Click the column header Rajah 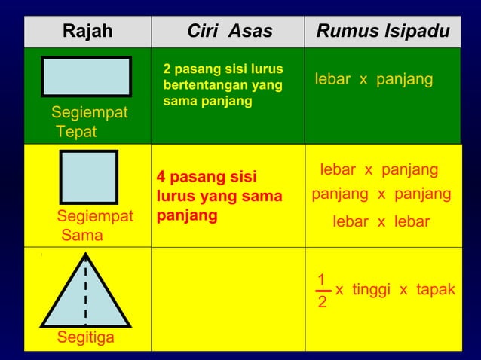pyautogui.click(x=87, y=32)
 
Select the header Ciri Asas pyautogui.click(x=229, y=32)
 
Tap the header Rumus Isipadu pyautogui.click(x=384, y=32)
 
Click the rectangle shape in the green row pyautogui.click(x=87, y=77)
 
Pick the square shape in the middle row pyautogui.click(x=88, y=178)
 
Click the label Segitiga pyautogui.click(x=86, y=337)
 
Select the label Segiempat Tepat pyautogui.click(x=89, y=123)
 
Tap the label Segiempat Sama pyautogui.click(x=94, y=226)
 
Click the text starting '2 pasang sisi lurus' pyautogui.click(x=223, y=85)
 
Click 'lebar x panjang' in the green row pyautogui.click(x=373, y=79)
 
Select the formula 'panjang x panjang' pyautogui.click(x=381, y=194)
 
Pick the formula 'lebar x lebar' pyautogui.click(x=381, y=221)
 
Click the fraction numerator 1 pyautogui.click(x=322, y=279)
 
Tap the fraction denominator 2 pyautogui.click(x=322, y=302)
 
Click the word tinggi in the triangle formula pyautogui.click(x=377, y=290)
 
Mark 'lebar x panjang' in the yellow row pyautogui.click(x=379, y=169)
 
